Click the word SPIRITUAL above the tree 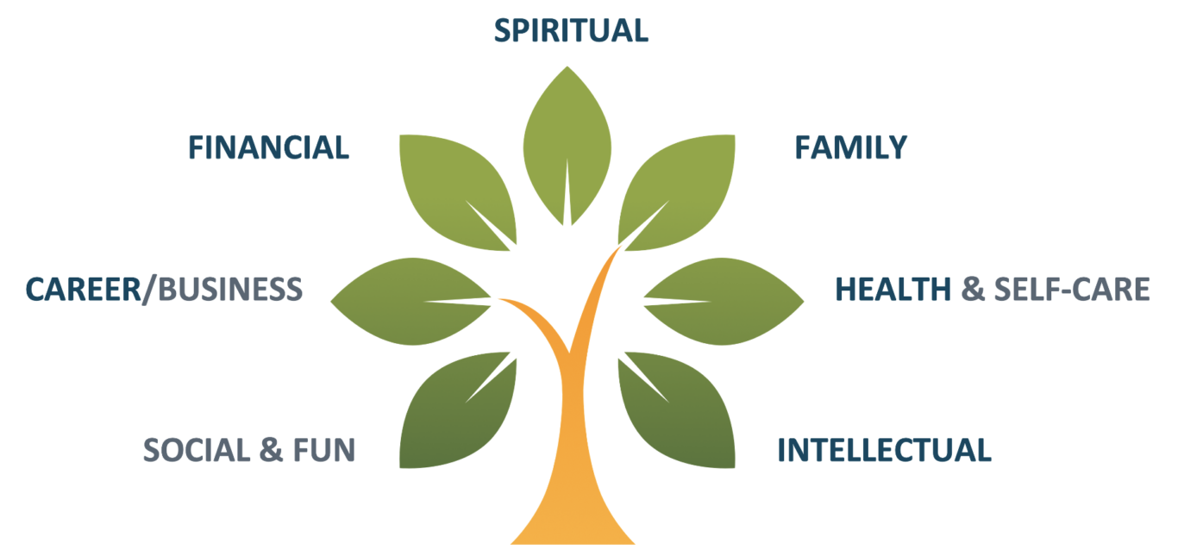[x=570, y=30]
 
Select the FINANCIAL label [x=268, y=147]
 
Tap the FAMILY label [x=850, y=147]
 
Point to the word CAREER [x=81, y=289]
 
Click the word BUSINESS [x=228, y=289]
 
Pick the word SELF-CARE [x=1071, y=289]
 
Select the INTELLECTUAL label [x=884, y=450]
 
